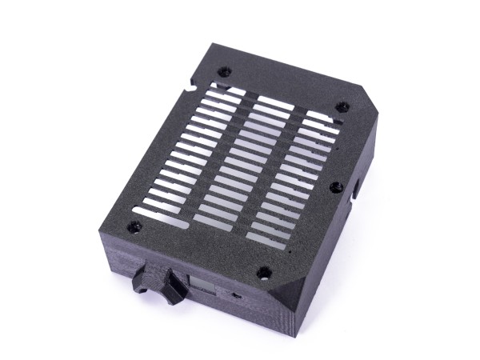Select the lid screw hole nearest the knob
click(134, 226)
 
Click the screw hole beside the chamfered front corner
click(263, 273)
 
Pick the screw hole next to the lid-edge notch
click(225, 71)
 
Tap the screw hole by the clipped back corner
click(342, 106)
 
